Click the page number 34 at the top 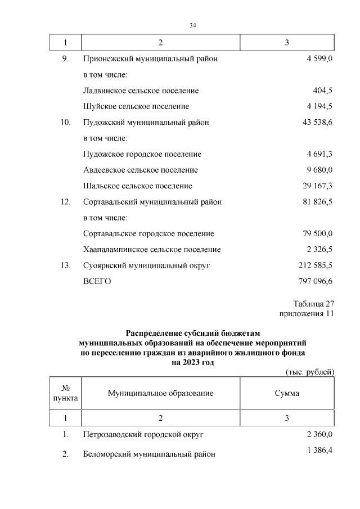192,25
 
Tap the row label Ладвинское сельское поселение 140,91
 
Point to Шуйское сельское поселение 136,106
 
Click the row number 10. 65,122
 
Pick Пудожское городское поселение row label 142,154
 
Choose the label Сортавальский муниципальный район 152,202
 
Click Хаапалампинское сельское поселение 151,249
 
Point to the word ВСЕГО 97,281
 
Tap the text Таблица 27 313,304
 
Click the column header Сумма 287,393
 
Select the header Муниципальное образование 160,393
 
